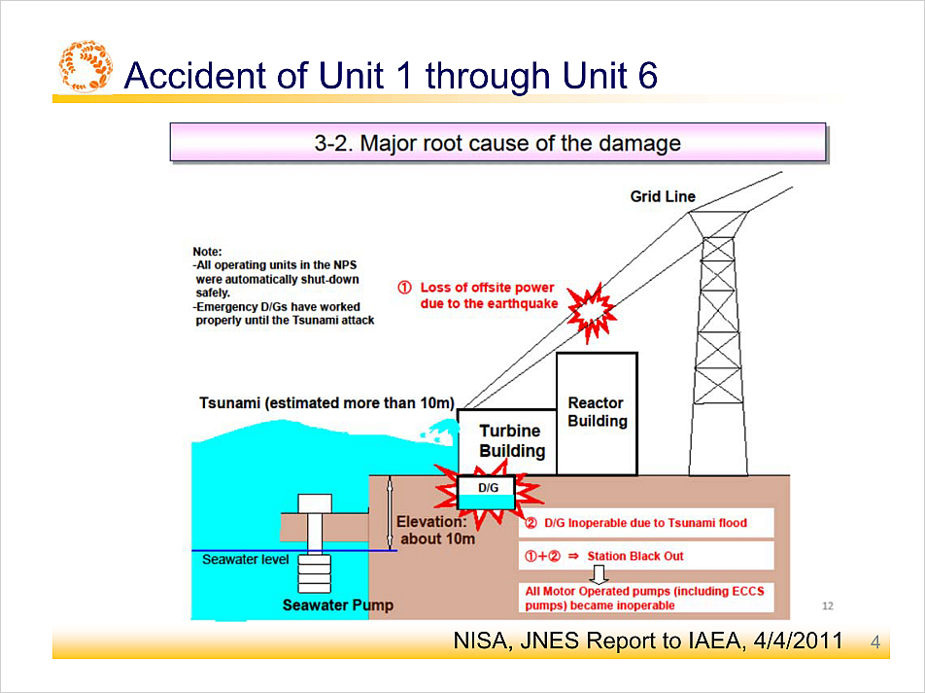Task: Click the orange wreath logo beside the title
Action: [x=86, y=66]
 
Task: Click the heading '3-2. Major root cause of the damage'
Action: [x=497, y=143]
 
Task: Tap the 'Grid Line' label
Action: [x=663, y=196]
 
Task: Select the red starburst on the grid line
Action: [x=592, y=313]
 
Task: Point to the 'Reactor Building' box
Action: [x=597, y=413]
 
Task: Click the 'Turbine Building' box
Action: [x=507, y=441]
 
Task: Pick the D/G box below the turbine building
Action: [x=488, y=493]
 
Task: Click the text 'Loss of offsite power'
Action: [x=487, y=288]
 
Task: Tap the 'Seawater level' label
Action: [x=246, y=560]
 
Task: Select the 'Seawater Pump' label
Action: [x=337, y=606]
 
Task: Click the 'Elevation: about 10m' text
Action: [x=436, y=530]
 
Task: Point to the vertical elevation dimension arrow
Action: [x=389, y=513]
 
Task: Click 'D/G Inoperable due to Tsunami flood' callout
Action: [x=646, y=523]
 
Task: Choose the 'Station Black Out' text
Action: [x=635, y=556]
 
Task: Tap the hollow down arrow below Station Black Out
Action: [x=599, y=573]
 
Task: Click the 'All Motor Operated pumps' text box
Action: [x=646, y=598]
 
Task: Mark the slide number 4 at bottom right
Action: [x=875, y=642]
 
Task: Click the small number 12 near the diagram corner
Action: [x=828, y=606]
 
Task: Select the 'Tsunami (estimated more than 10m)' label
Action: [x=326, y=403]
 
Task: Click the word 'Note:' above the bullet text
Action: [x=207, y=252]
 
